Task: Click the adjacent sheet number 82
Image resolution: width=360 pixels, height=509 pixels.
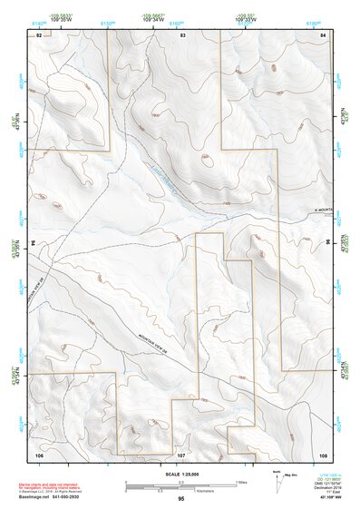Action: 39,34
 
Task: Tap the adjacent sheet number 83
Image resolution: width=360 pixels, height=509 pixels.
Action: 182,34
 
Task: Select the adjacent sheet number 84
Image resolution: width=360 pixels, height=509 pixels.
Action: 323,34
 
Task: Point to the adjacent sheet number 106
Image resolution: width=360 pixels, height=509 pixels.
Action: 39,452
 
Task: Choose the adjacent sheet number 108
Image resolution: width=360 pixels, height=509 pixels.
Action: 323,452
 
